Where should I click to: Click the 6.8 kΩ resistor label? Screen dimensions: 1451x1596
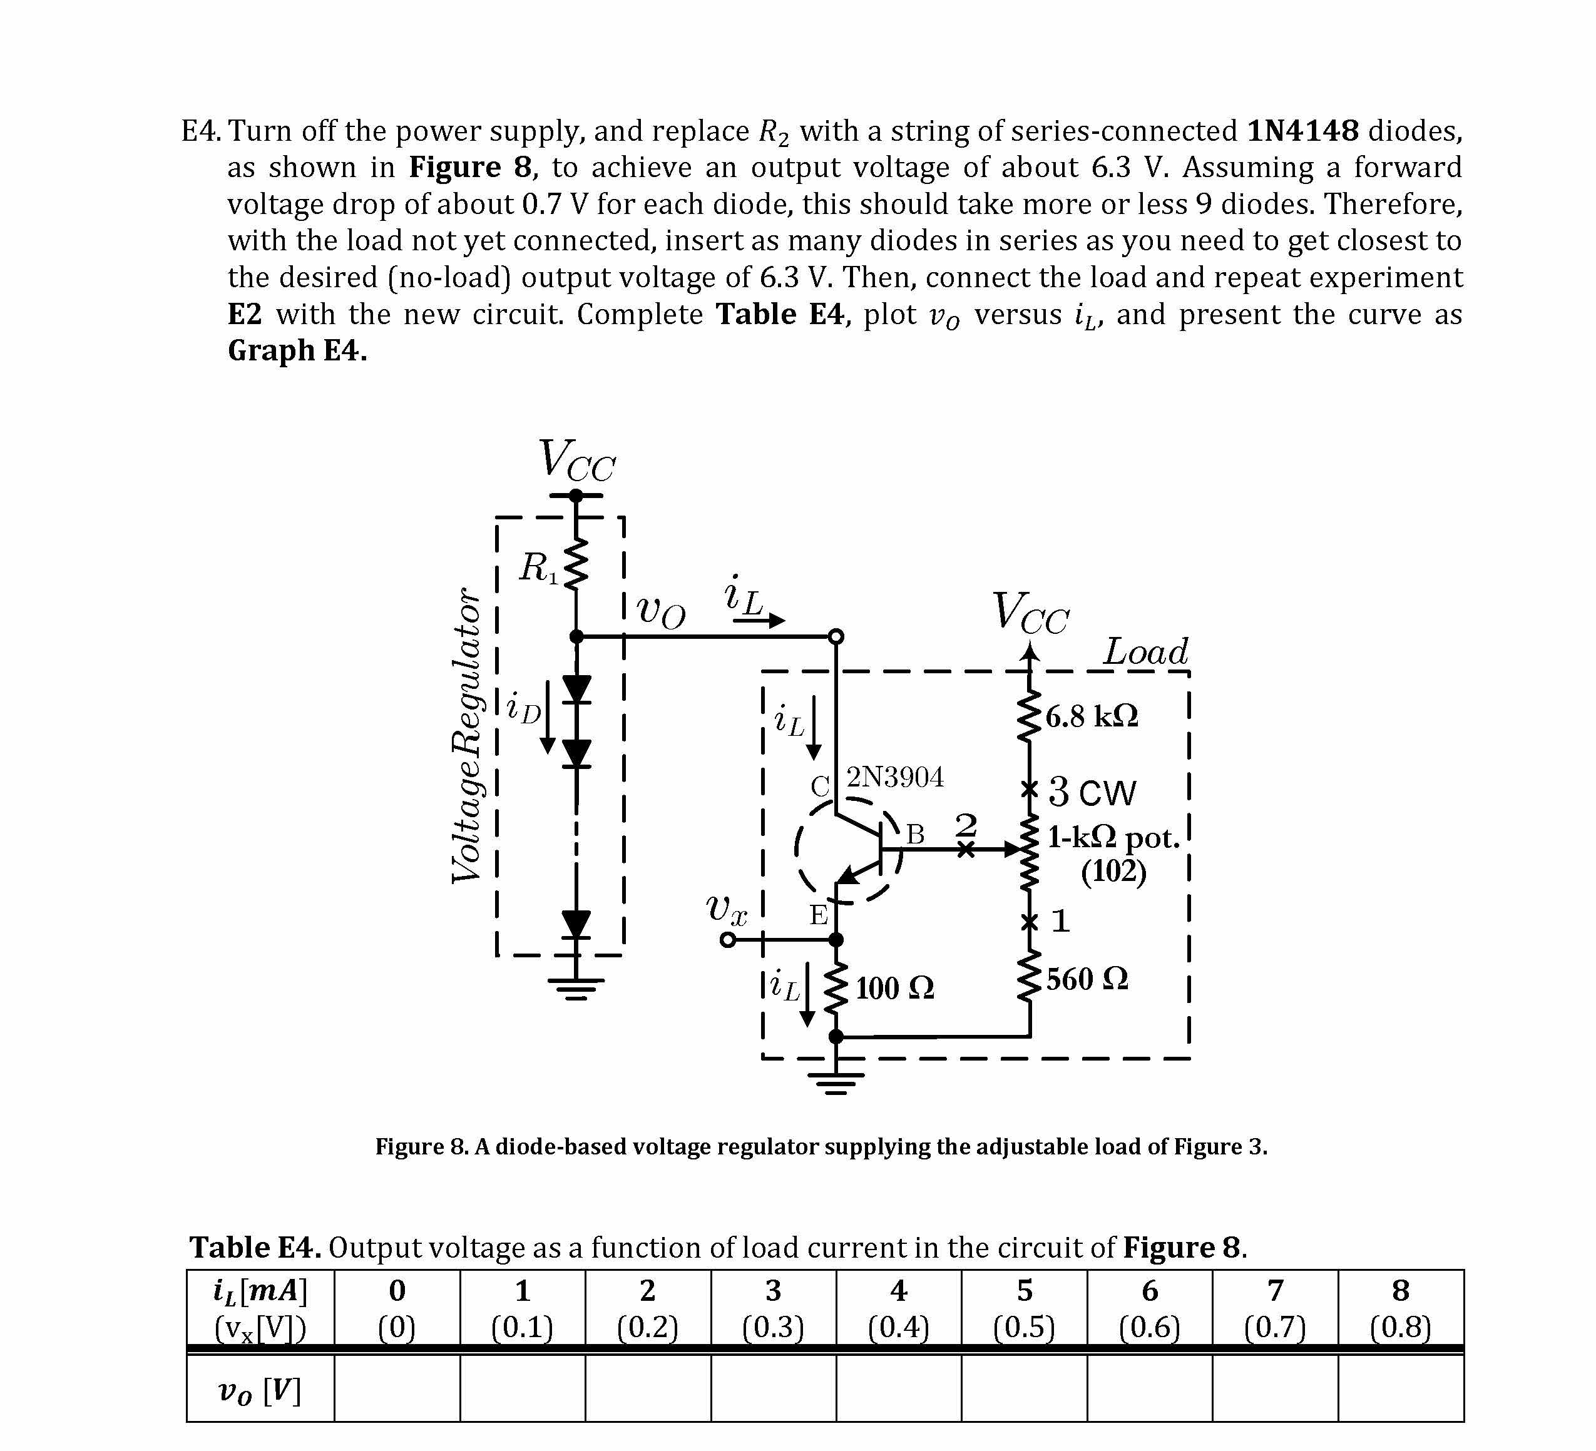pyautogui.click(x=1092, y=716)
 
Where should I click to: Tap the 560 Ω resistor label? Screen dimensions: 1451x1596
pyautogui.click(x=1087, y=979)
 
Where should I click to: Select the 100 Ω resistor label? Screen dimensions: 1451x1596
pyautogui.click(x=894, y=988)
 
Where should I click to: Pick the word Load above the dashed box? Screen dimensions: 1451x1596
pyautogui.click(x=1145, y=651)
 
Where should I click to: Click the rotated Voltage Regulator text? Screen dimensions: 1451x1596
pyautogui.click(x=466, y=735)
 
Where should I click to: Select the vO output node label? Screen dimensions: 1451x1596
pyautogui.click(x=661, y=611)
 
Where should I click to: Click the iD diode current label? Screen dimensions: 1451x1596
pyautogui.click(x=523, y=708)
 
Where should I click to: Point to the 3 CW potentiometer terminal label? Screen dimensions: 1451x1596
pyautogui.click(x=1093, y=792)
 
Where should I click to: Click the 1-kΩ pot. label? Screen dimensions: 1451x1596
pyautogui.click(x=1113, y=837)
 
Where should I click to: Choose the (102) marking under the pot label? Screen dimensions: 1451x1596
pyautogui.click(x=1113, y=872)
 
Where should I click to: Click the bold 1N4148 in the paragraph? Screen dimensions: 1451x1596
pyautogui.click(x=1302, y=131)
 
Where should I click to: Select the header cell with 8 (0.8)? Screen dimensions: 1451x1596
pyautogui.click(x=1401, y=1308)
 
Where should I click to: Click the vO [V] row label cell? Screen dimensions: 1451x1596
pyautogui.click(x=260, y=1390)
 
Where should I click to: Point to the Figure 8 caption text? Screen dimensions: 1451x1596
pyautogui.click(x=821, y=1146)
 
